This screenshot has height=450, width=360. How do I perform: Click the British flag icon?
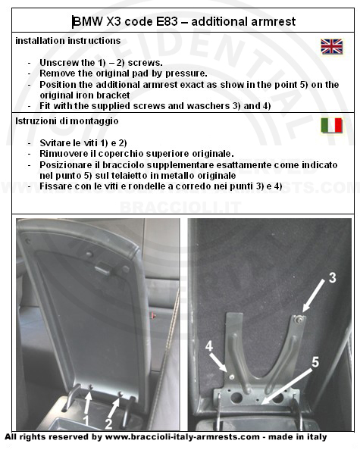[x=332, y=46]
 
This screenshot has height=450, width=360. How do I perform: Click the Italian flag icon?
[x=332, y=126]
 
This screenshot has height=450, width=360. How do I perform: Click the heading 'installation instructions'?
[x=68, y=41]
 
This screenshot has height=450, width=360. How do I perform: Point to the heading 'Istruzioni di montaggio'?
[x=67, y=120]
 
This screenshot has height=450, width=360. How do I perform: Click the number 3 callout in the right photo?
[x=332, y=277]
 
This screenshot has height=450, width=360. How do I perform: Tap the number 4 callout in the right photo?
[x=209, y=346]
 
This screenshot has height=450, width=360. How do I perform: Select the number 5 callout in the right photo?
[x=315, y=362]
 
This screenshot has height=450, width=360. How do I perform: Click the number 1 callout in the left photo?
[x=86, y=420]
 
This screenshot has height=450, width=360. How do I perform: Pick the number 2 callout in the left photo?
[x=108, y=424]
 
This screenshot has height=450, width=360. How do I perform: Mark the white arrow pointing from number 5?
[x=287, y=386]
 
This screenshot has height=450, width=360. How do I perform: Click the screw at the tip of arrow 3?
[x=299, y=318]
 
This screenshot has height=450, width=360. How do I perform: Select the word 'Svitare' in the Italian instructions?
[x=52, y=142]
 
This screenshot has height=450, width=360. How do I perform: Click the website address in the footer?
[x=183, y=437]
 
